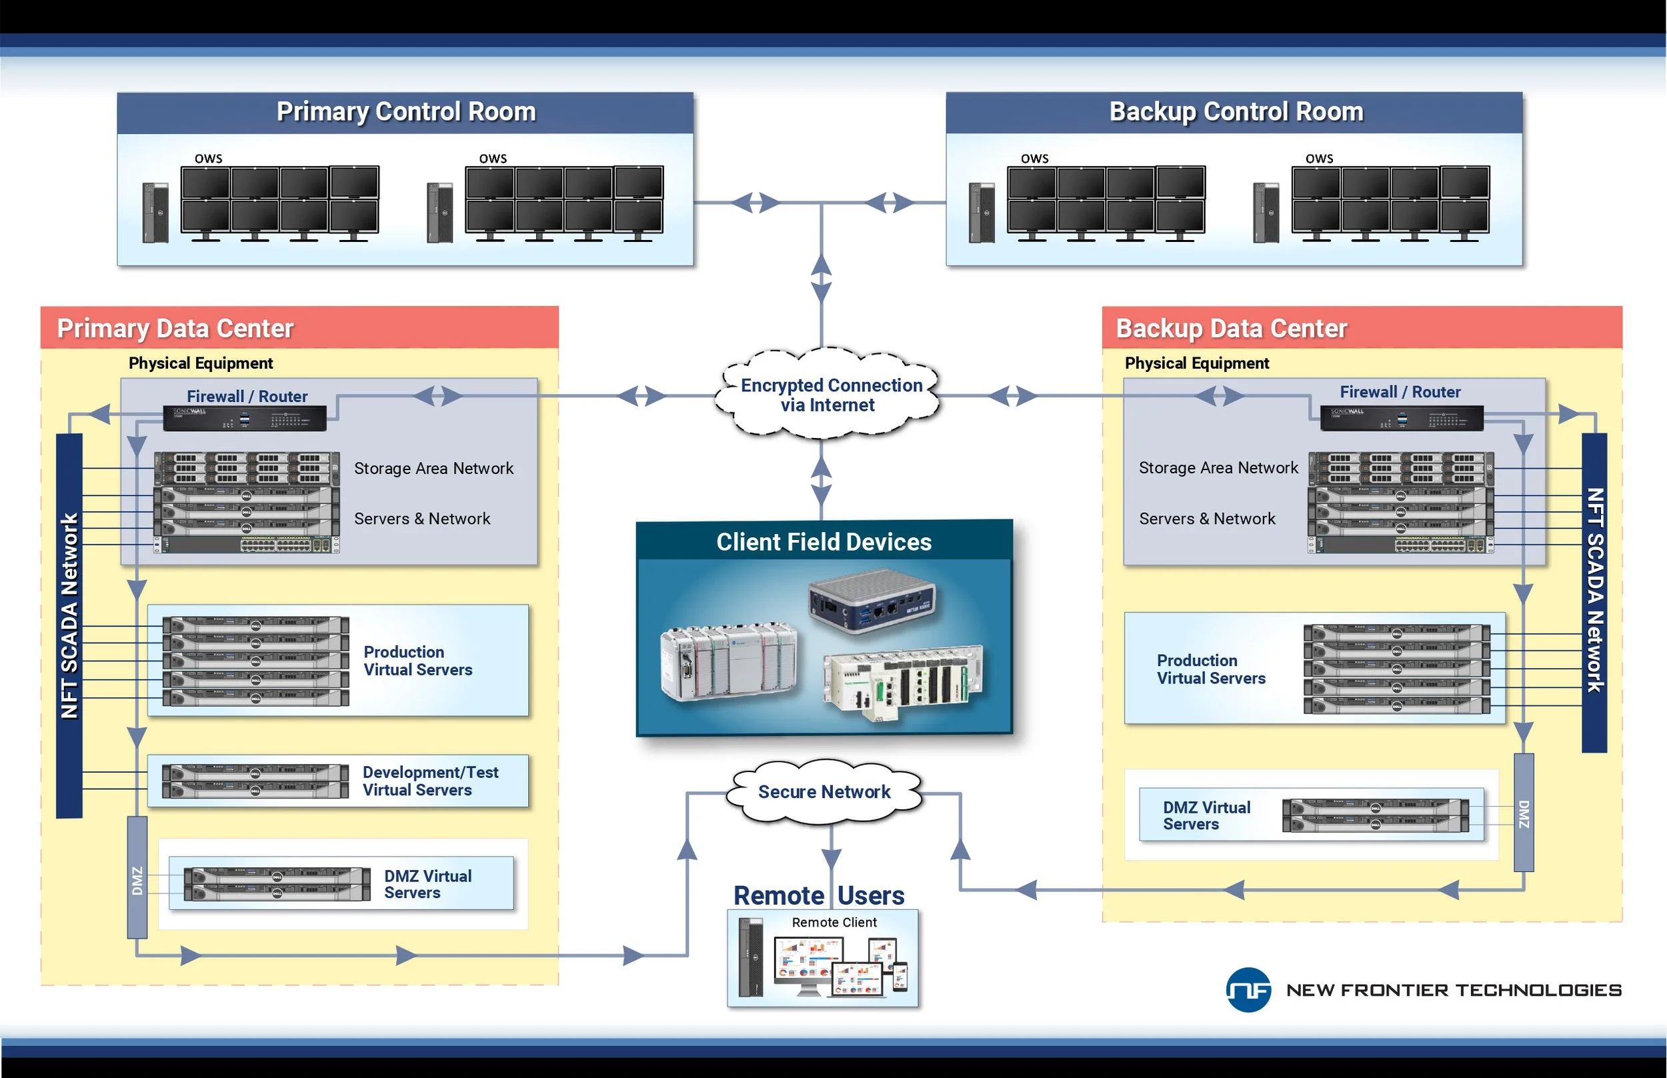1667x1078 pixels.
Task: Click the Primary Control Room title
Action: (x=406, y=112)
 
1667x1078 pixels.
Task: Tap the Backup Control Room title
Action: (x=1236, y=112)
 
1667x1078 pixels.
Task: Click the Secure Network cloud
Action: (x=824, y=792)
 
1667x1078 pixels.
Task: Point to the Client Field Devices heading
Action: (x=823, y=542)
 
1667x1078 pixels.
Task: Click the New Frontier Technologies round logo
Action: (x=1248, y=990)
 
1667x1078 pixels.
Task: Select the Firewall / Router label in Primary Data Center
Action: (x=247, y=396)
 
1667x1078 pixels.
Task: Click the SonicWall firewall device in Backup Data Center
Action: (x=1401, y=419)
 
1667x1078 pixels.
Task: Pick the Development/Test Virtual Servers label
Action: (x=430, y=781)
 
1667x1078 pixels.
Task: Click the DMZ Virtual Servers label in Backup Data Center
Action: (x=1206, y=815)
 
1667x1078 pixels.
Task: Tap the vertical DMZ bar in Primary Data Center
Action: (x=137, y=878)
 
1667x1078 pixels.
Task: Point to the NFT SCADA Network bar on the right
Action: (x=1594, y=591)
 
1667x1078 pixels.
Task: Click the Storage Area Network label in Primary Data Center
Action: (x=433, y=468)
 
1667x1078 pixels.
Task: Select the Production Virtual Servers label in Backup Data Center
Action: (x=1210, y=669)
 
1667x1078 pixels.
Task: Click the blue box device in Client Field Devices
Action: (x=871, y=601)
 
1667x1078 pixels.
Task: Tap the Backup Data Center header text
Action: (x=1231, y=328)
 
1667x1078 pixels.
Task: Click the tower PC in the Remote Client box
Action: (x=751, y=957)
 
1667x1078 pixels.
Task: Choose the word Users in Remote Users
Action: (x=870, y=895)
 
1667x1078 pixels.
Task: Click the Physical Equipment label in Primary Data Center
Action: (x=200, y=363)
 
